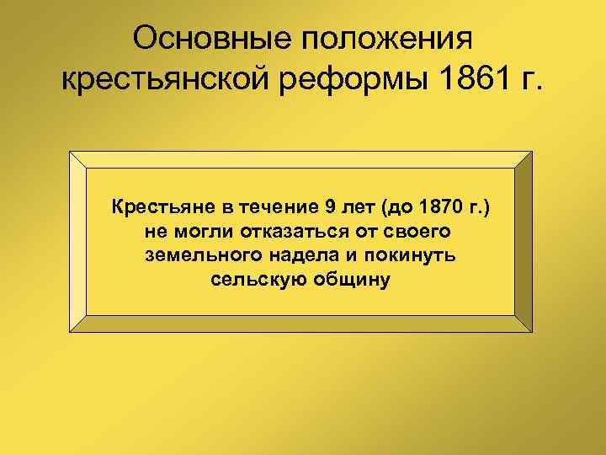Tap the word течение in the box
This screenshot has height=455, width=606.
(x=268, y=205)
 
